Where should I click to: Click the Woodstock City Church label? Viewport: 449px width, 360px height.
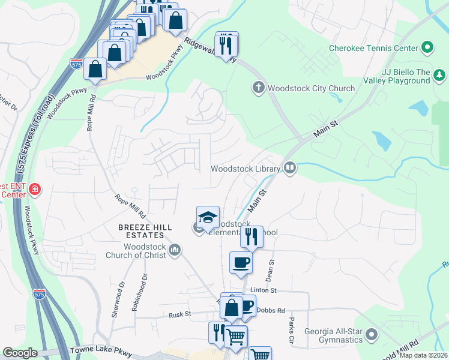coord(311,88)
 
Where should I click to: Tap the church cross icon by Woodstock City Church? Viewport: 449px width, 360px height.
coord(259,88)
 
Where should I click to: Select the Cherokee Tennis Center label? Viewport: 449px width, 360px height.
coord(373,47)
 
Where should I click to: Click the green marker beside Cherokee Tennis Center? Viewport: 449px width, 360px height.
coord(427,47)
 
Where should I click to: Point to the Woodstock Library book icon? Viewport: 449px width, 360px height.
coord(290,168)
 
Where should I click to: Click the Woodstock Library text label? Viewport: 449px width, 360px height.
coord(246,169)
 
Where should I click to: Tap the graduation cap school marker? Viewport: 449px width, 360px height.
coord(208,217)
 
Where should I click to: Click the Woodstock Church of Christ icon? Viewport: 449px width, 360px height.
coord(175,250)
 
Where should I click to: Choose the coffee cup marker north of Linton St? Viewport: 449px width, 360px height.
coord(241,263)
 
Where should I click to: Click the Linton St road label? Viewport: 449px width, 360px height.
coord(264,290)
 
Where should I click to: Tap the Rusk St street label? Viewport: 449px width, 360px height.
coord(179,314)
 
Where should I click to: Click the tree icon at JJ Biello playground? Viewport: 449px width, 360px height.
coord(441,75)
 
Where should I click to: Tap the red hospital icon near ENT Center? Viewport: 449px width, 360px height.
coord(35,190)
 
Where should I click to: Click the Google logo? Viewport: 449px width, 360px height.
coord(20,353)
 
